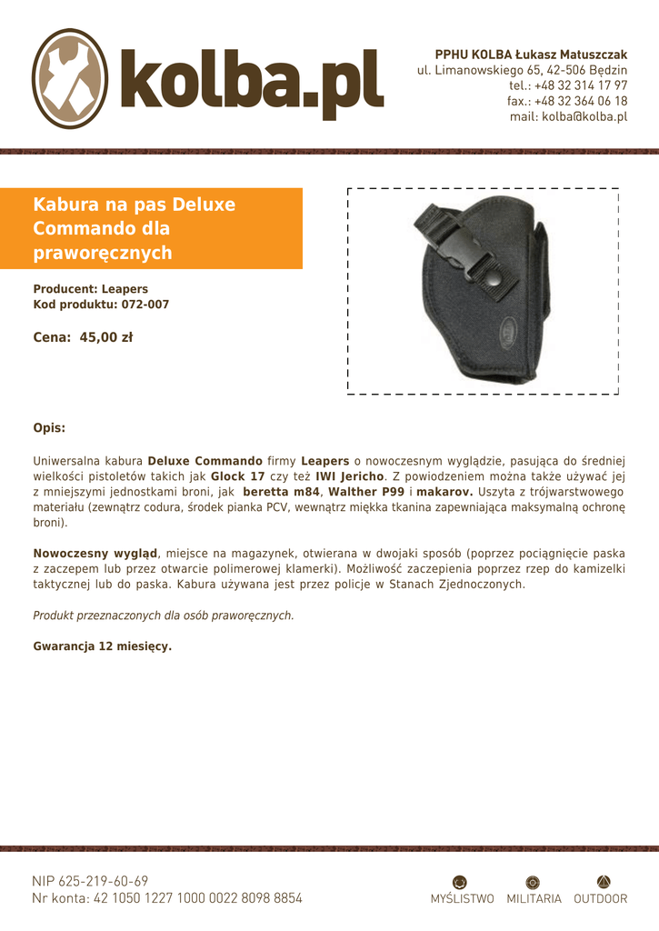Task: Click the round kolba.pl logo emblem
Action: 70,78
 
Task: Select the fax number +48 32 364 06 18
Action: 581,101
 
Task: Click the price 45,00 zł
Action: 105,337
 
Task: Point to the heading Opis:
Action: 49,427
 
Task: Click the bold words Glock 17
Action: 238,476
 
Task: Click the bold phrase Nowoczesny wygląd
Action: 96,553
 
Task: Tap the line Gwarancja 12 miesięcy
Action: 102,646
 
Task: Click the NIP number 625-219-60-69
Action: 103,881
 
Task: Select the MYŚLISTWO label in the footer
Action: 462,899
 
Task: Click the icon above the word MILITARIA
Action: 533,881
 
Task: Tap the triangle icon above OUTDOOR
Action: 603,881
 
